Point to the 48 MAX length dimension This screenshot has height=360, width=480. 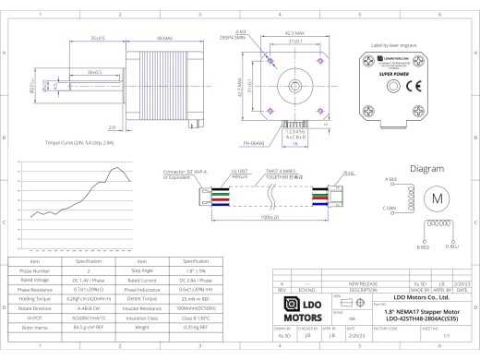coord(166,38)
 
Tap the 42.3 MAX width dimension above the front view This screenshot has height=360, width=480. coord(295,32)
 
